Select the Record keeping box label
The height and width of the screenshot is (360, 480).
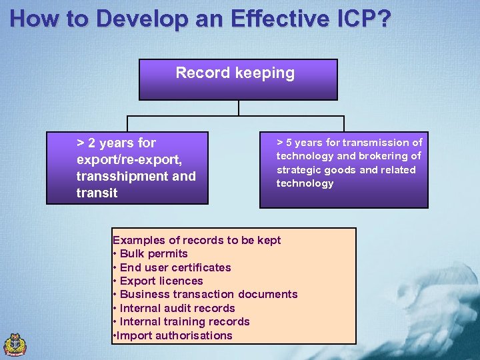click(235, 73)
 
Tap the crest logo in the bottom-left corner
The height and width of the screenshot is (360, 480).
click(15, 344)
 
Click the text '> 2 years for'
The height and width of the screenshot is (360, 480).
click(116, 143)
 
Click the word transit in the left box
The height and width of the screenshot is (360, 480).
click(97, 193)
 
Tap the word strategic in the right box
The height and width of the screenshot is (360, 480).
click(299, 169)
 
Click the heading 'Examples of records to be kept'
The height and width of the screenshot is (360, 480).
click(197, 240)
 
